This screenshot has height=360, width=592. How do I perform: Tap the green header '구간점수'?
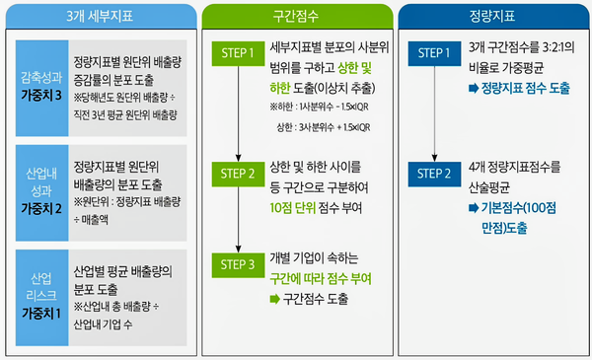[296, 17]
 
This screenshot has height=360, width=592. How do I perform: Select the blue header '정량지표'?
[491, 17]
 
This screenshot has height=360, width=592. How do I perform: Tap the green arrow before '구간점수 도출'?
[274, 297]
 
